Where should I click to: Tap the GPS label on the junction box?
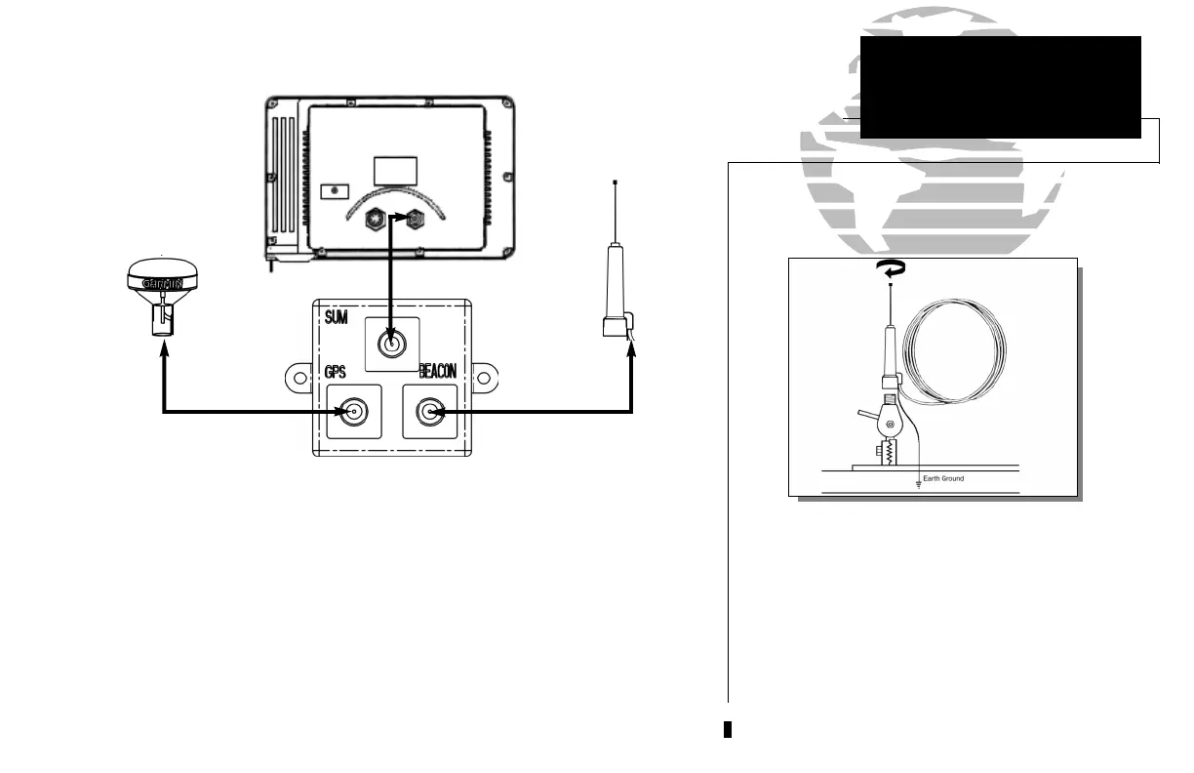pyautogui.click(x=337, y=372)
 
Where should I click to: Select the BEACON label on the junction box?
pyautogui.click(x=437, y=372)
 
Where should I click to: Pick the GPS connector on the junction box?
pyautogui.click(x=353, y=412)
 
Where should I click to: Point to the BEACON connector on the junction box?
pyautogui.click(x=428, y=412)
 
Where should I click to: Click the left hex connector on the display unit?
pyautogui.click(x=372, y=220)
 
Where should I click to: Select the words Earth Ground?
pyautogui.click(x=943, y=478)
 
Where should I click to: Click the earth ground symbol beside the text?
pyautogui.click(x=917, y=481)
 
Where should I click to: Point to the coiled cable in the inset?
pyautogui.click(x=955, y=350)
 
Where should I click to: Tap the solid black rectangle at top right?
pyautogui.click(x=1000, y=88)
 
